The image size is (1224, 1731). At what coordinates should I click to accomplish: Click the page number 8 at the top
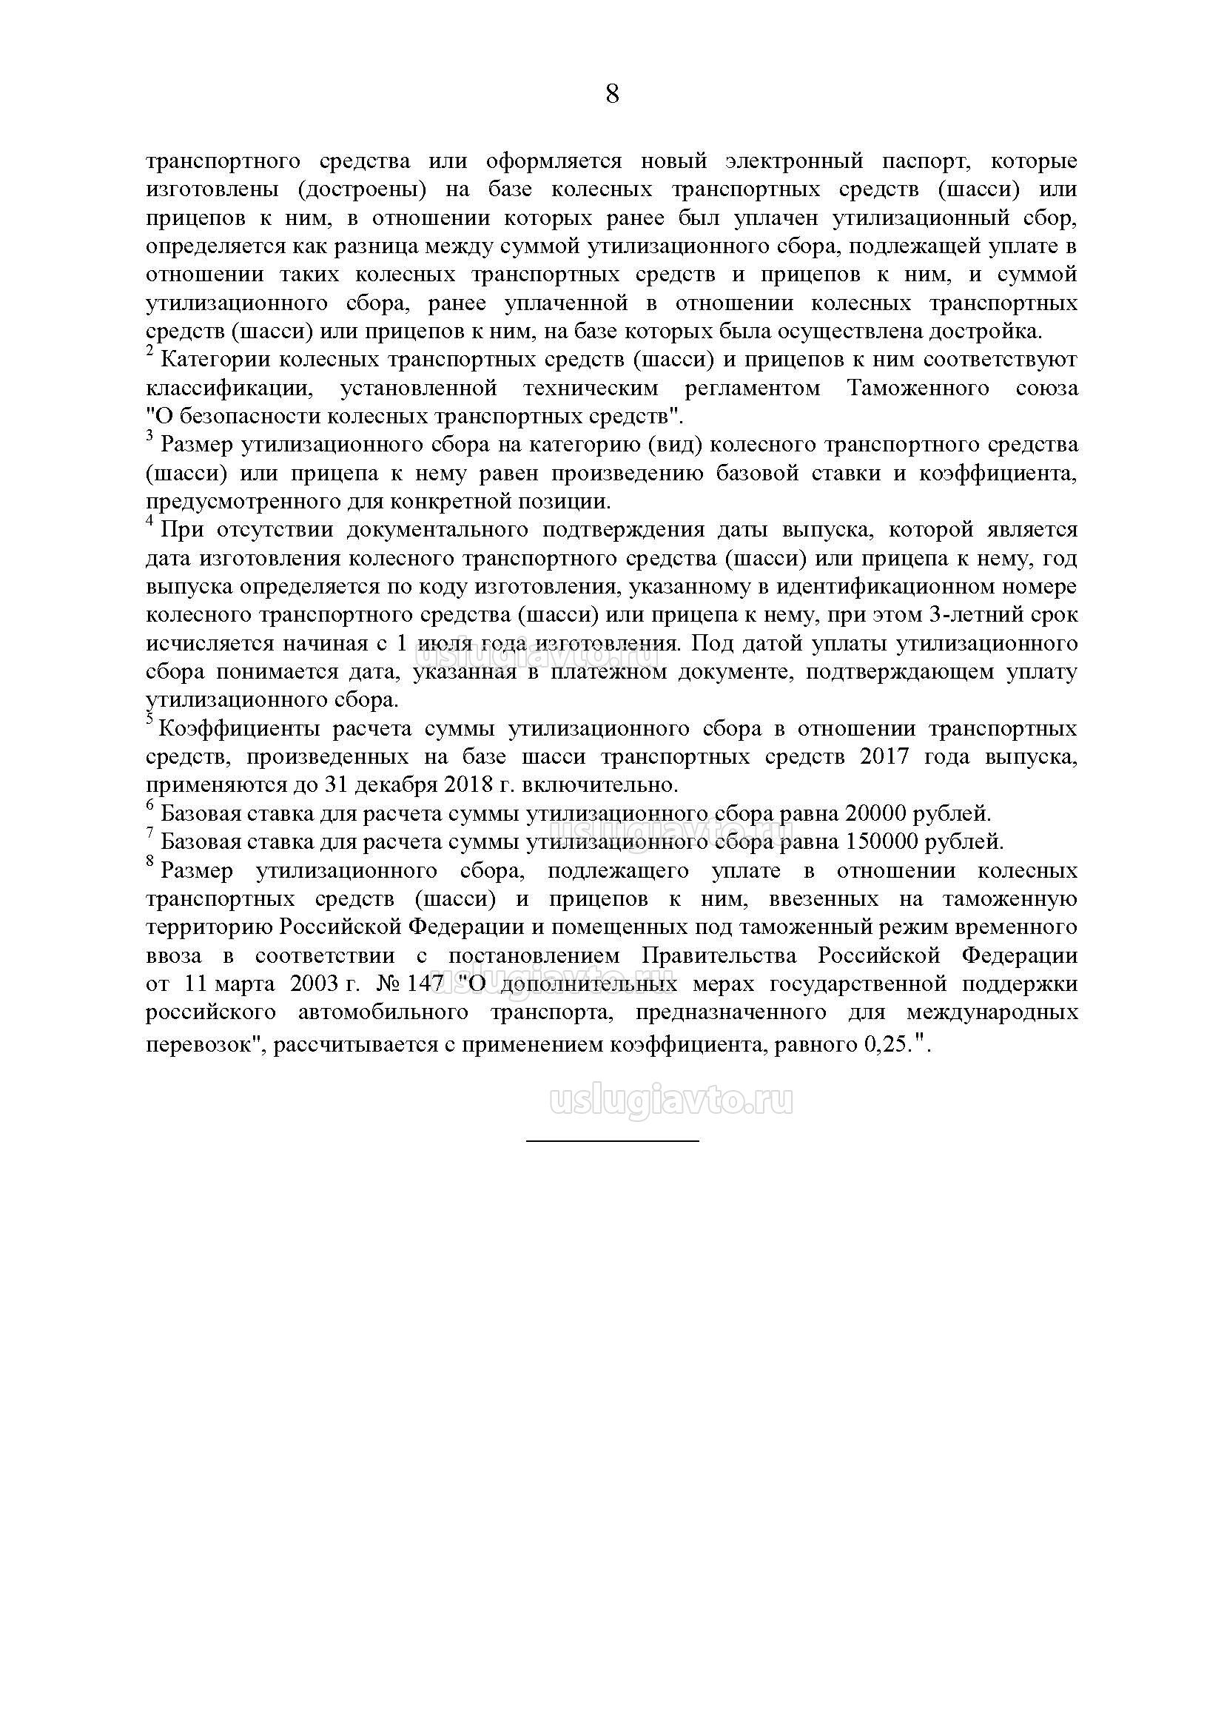tap(612, 94)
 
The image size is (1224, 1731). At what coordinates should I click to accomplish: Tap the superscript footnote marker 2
tap(149, 352)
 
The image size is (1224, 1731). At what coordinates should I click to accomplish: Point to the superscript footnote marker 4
tap(149, 521)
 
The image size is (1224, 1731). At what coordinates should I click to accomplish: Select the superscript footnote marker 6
tap(149, 805)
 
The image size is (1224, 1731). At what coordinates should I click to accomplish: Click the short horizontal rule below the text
tap(612, 1140)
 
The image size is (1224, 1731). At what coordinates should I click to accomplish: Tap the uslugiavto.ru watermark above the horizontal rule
tap(672, 1102)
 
